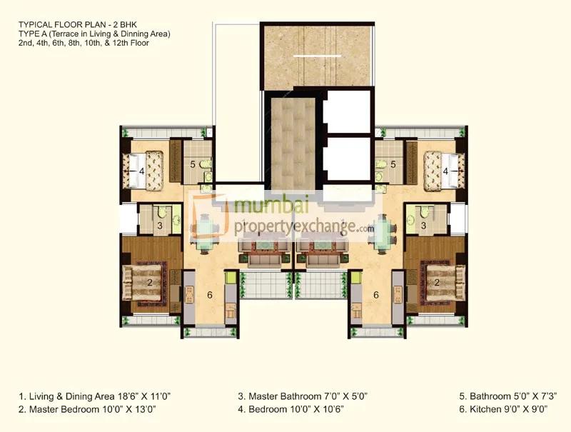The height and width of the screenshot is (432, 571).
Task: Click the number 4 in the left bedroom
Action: click(x=142, y=171)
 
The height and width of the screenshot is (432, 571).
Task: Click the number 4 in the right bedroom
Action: click(x=446, y=171)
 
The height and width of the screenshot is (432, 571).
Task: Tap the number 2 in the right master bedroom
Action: click(x=437, y=283)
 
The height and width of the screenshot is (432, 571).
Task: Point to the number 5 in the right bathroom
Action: click(x=393, y=164)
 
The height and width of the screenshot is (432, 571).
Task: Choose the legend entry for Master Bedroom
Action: click(x=88, y=409)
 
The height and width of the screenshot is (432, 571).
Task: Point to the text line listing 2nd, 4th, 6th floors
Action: click(x=84, y=43)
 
